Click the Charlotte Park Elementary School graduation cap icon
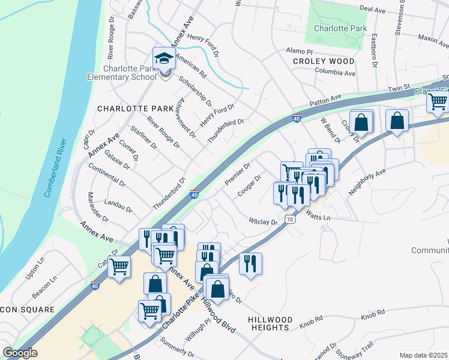(164, 59)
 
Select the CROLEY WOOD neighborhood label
(324, 61)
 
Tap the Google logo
(20, 353)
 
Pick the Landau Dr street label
(118, 205)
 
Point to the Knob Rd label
(373, 316)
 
